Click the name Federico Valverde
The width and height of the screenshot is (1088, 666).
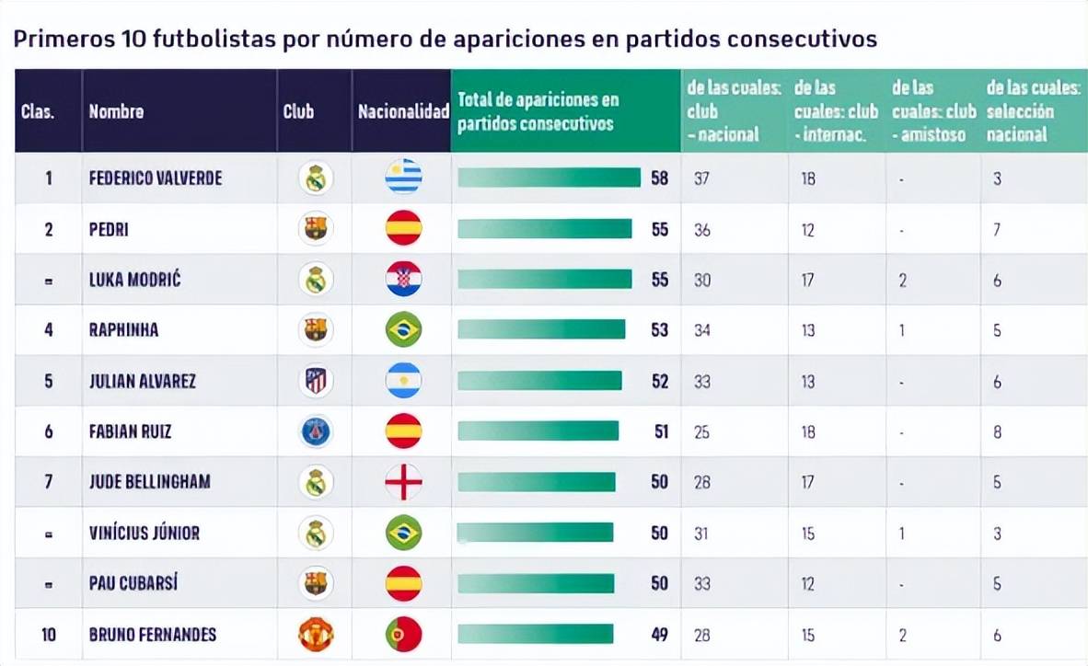(x=155, y=178)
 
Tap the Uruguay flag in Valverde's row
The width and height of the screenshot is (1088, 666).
(x=403, y=178)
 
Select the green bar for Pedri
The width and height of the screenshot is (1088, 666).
(x=545, y=229)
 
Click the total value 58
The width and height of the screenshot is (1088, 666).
(x=659, y=178)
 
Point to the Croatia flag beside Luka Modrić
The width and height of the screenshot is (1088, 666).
(x=403, y=280)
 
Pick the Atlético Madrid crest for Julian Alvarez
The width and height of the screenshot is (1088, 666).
(x=316, y=381)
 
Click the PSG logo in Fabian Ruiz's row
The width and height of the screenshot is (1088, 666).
(x=316, y=431)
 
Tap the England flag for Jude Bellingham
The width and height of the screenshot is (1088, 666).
(x=403, y=482)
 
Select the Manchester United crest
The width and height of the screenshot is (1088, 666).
(x=316, y=634)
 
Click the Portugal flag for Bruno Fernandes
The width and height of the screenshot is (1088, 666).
(x=403, y=634)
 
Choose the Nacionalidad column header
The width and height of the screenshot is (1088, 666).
(x=402, y=111)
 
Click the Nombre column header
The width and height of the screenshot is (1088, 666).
(x=116, y=111)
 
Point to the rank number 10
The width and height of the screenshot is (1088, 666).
(x=49, y=634)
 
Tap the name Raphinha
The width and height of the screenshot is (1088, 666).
(x=123, y=330)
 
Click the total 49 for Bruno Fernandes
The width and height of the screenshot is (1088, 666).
(x=659, y=634)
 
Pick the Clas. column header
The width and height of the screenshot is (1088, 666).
(x=38, y=111)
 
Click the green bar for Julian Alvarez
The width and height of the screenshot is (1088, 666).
(x=539, y=381)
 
